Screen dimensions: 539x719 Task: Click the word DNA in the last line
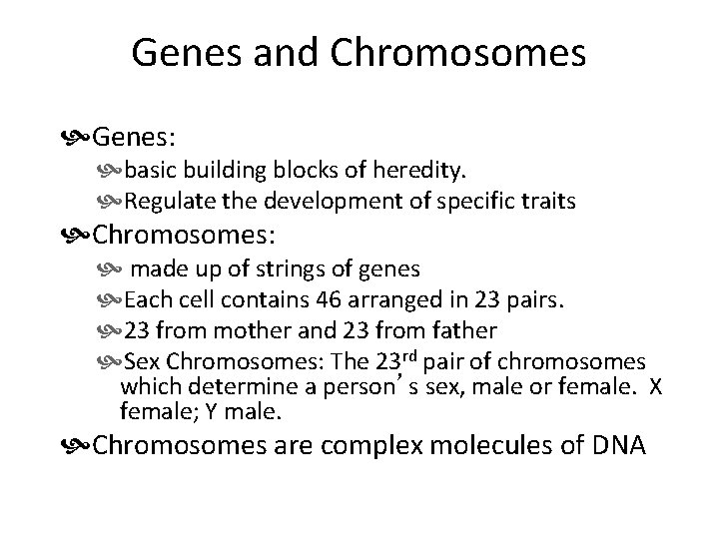coord(618,444)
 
